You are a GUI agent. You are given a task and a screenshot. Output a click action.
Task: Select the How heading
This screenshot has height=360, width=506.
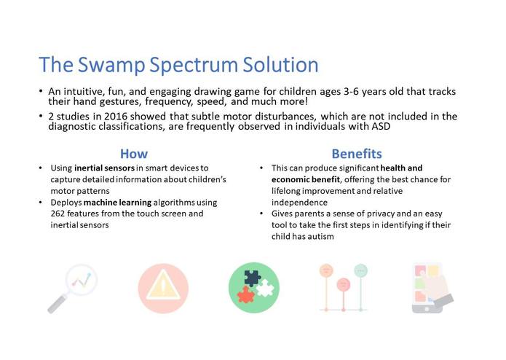click(x=133, y=153)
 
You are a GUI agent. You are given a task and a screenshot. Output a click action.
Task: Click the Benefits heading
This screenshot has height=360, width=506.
click(x=356, y=153)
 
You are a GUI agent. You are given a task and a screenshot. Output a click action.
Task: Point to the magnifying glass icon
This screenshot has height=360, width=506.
click(x=73, y=287)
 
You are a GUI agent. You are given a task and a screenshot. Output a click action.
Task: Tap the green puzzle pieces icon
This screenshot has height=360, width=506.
click(x=253, y=287)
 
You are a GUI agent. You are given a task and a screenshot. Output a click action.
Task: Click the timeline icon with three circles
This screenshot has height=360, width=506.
click(x=343, y=287)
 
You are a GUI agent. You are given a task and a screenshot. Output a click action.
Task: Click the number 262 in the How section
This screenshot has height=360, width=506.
click(x=59, y=214)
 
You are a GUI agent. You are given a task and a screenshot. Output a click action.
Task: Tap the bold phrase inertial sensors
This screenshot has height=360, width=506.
click(x=103, y=168)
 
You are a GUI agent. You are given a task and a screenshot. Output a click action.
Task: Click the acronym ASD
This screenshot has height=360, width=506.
click(x=380, y=126)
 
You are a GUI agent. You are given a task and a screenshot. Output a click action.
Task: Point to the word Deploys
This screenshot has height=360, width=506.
click(x=66, y=202)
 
